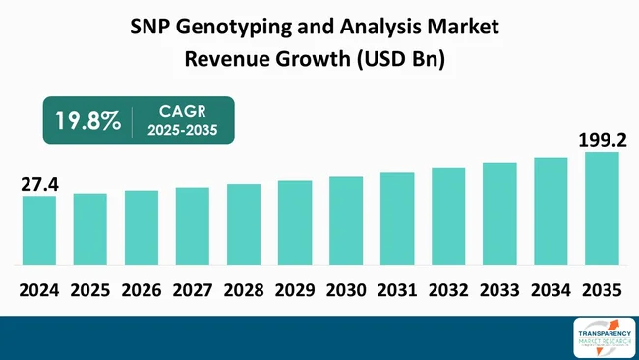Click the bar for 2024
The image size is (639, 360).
[x=38, y=230]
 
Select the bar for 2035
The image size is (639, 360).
[x=602, y=209]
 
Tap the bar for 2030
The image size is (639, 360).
[x=346, y=220]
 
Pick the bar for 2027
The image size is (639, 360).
[x=193, y=226]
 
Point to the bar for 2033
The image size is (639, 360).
[x=499, y=213]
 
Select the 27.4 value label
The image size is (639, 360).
[x=38, y=183]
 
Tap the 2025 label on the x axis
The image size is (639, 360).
[x=89, y=291]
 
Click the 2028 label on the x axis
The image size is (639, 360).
[x=243, y=291]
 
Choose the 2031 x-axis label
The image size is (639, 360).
[x=396, y=291]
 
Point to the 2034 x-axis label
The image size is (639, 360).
[x=550, y=291]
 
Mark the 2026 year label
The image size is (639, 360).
[x=141, y=291]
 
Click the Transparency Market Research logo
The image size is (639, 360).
[x=595, y=337]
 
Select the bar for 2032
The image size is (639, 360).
[x=448, y=216]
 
